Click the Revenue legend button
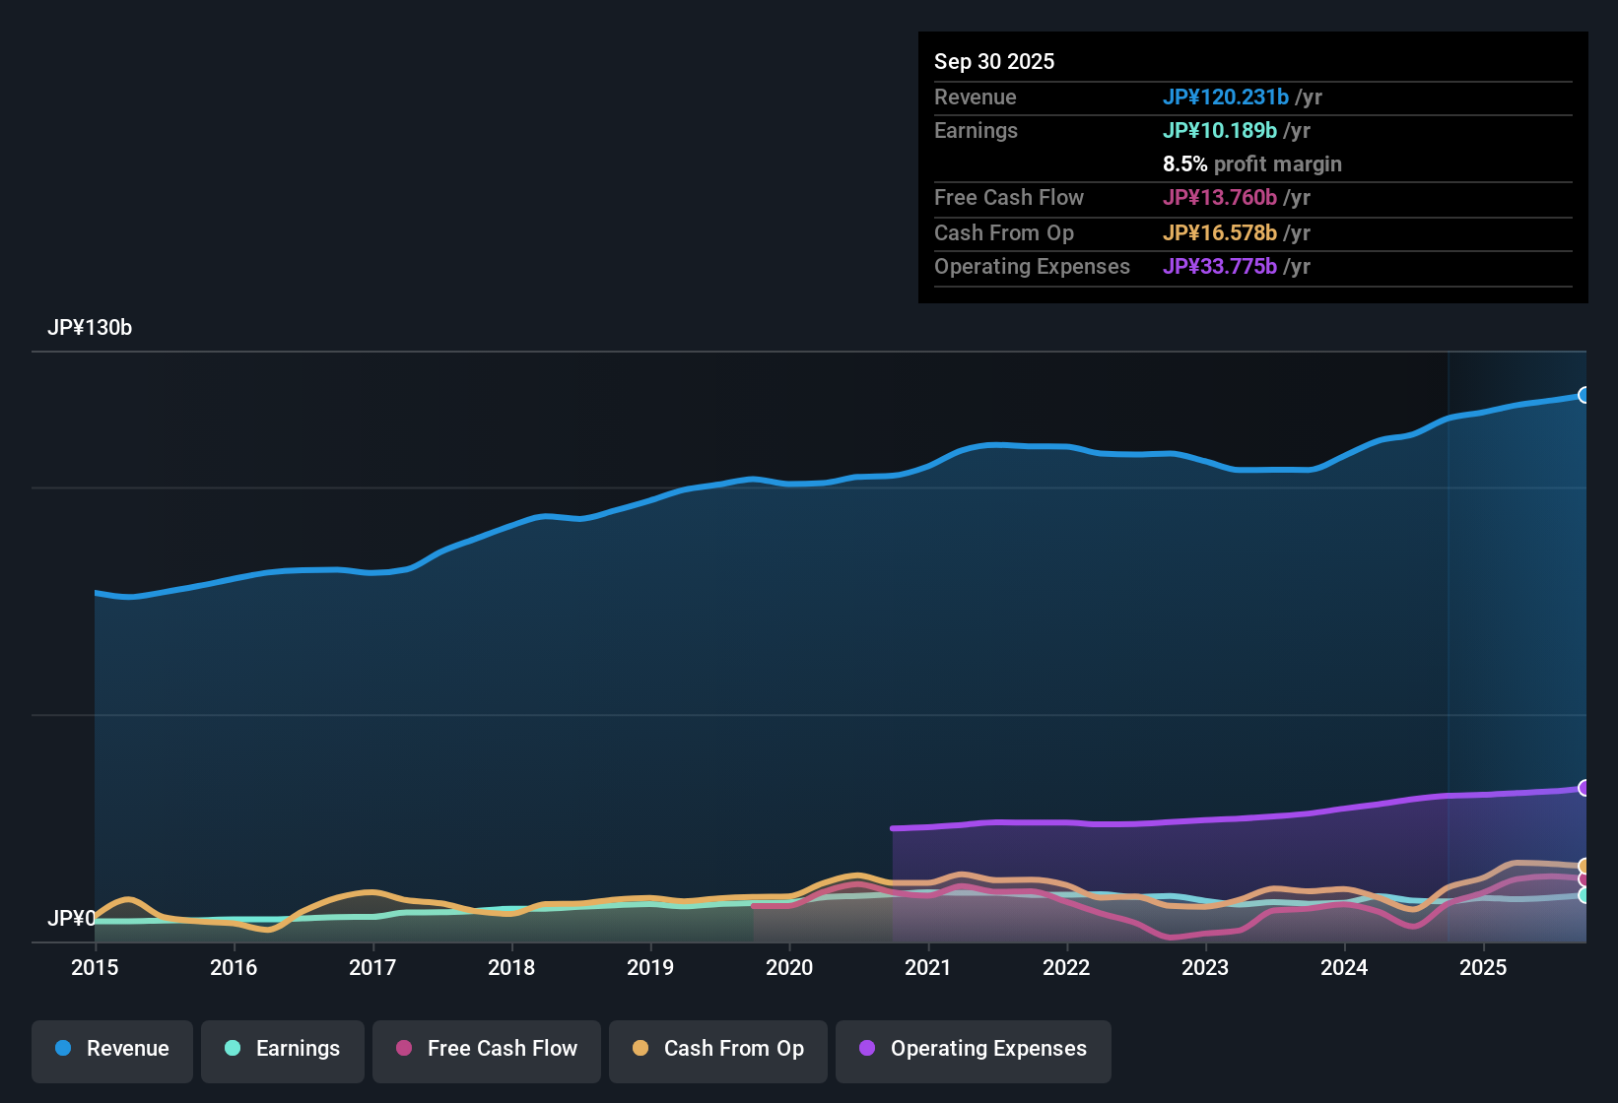112,1049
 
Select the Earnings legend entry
283,1049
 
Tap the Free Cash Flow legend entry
487,1049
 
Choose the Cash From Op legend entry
718,1049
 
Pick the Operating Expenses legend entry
974,1049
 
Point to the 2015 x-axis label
95,967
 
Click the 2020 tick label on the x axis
789,967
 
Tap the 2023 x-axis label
1205,967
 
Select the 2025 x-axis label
1483,967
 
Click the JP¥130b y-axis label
90,328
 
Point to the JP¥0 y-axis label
71,918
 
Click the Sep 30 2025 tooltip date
994,61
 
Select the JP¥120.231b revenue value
1225,97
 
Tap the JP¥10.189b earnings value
1219,130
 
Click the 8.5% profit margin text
1251,163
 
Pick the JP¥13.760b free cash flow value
1219,197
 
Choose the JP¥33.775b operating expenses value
1219,266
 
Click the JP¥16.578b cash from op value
1219,232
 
